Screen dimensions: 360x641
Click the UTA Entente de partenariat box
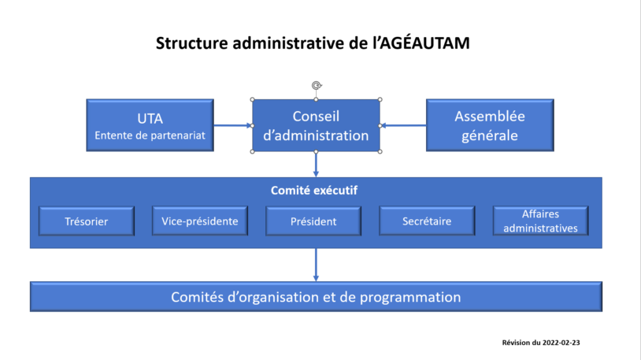point(150,125)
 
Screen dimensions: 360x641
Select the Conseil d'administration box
point(316,125)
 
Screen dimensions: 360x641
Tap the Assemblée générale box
point(489,125)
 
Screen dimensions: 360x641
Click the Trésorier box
point(86,221)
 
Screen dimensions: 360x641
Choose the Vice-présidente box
point(199,221)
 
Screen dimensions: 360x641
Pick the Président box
point(313,221)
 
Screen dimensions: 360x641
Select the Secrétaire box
point(426,221)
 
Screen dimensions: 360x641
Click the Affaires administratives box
point(539,221)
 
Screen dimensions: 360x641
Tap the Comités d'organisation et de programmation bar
point(316,297)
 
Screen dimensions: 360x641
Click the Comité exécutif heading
point(316,190)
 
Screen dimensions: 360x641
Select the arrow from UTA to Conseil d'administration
point(233,125)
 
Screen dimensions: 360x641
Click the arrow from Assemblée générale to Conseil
point(403,125)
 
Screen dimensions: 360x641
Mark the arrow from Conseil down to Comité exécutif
point(316,164)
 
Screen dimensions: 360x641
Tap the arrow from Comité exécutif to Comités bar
point(316,265)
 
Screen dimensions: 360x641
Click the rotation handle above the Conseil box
point(316,85)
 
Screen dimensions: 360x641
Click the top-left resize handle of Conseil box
point(252,100)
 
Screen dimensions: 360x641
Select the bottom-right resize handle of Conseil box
point(380,151)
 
